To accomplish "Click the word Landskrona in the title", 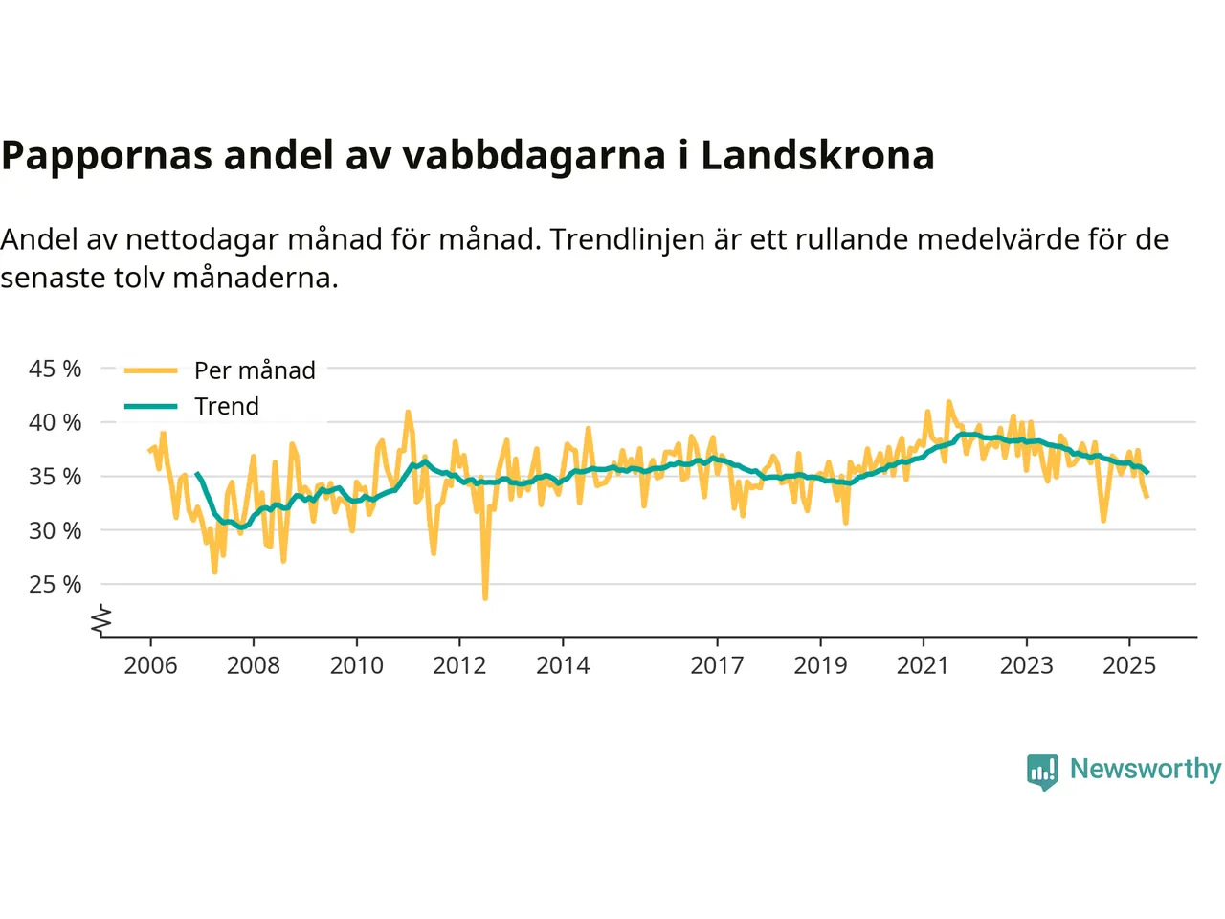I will (817, 155).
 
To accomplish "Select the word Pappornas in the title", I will (106, 155).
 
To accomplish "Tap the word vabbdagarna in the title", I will (533, 155).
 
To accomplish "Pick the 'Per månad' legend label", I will (255, 370).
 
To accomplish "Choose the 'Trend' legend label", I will (227, 406).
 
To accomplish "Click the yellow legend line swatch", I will (151, 370).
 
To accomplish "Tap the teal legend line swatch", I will (151, 406).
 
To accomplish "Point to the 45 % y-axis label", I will (56, 369).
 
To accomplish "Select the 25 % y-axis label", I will (56, 584).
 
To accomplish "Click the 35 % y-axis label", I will (56, 476).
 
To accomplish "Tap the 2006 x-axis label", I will (150, 665).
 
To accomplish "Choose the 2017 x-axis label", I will (717, 665).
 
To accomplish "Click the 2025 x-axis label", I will (1129, 665).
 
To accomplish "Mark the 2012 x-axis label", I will (459, 665).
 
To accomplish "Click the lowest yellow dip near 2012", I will (485, 597).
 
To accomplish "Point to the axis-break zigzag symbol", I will (101, 620).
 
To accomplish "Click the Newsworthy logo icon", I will (1042, 771).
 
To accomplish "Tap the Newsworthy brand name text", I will (1145, 769).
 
